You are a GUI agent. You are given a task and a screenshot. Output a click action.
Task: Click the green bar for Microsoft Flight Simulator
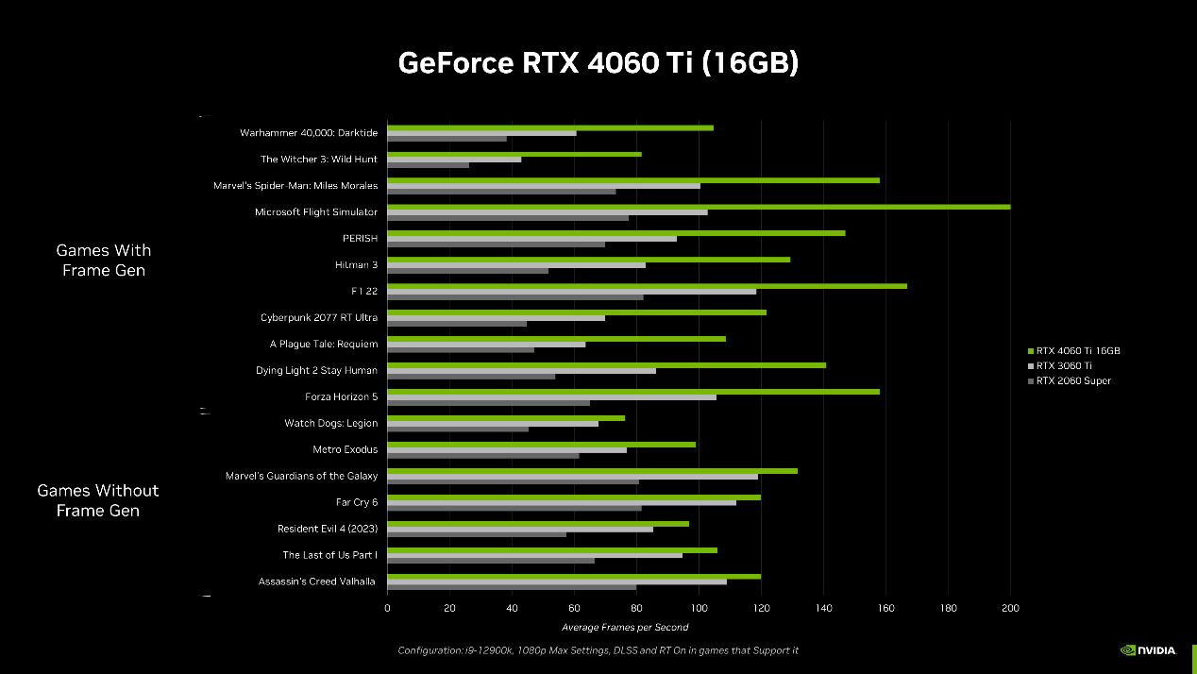(699, 207)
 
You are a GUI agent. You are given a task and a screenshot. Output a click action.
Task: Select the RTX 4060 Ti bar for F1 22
(647, 286)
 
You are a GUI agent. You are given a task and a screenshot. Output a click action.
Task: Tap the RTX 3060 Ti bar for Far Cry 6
(561, 502)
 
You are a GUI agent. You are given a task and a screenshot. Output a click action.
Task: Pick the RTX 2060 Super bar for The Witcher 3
(428, 165)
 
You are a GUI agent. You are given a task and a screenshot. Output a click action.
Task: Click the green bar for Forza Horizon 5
(632, 392)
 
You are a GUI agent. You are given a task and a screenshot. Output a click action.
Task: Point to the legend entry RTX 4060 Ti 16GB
(1077, 350)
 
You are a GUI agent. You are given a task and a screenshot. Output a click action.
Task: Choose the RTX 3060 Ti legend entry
(1064, 365)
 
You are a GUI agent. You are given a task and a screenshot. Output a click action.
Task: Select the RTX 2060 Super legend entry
(1073, 380)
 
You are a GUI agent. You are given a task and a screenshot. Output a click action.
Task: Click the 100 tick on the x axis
(699, 609)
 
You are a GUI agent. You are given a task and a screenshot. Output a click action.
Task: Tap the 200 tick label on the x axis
(1010, 609)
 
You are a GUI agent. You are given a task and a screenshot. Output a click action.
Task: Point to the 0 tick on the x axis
(387, 609)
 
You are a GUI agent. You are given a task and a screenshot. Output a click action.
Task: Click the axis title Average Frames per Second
(625, 627)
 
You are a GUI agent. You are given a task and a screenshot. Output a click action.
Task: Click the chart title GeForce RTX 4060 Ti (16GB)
(598, 62)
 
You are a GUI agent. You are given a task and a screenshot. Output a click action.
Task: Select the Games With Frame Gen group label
(104, 261)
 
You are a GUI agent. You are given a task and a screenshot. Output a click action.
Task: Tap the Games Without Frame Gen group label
(98, 500)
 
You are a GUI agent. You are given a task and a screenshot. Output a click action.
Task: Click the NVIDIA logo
(1148, 649)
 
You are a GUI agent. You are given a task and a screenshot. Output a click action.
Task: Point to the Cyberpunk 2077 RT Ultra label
(319, 318)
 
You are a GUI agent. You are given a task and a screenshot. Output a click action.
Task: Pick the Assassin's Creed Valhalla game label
(317, 581)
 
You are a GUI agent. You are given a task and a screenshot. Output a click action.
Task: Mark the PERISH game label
(360, 239)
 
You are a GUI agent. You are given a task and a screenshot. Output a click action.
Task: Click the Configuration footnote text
(598, 650)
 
